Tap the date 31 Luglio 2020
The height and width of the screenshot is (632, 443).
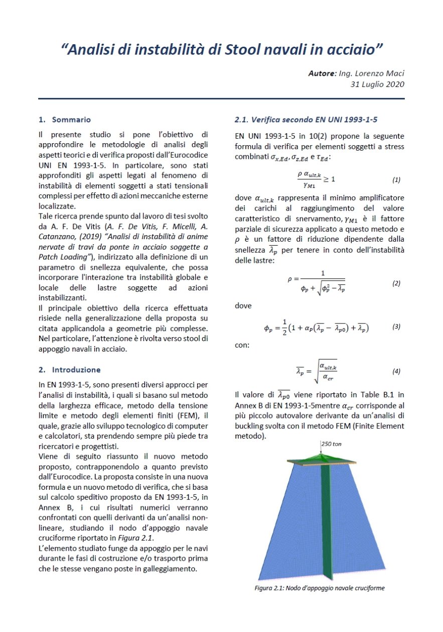point(377,84)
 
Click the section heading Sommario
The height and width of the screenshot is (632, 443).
point(71,120)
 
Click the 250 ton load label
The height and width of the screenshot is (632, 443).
point(331,445)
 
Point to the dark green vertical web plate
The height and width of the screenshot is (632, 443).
point(327,522)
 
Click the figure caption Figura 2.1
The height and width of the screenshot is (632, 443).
point(320,588)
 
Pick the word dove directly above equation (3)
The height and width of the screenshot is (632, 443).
point(243,305)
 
